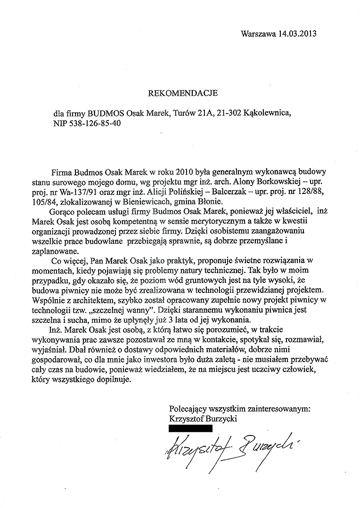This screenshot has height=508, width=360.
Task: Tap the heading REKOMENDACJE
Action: point(183,93)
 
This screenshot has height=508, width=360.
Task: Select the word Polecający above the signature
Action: point(188,409)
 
